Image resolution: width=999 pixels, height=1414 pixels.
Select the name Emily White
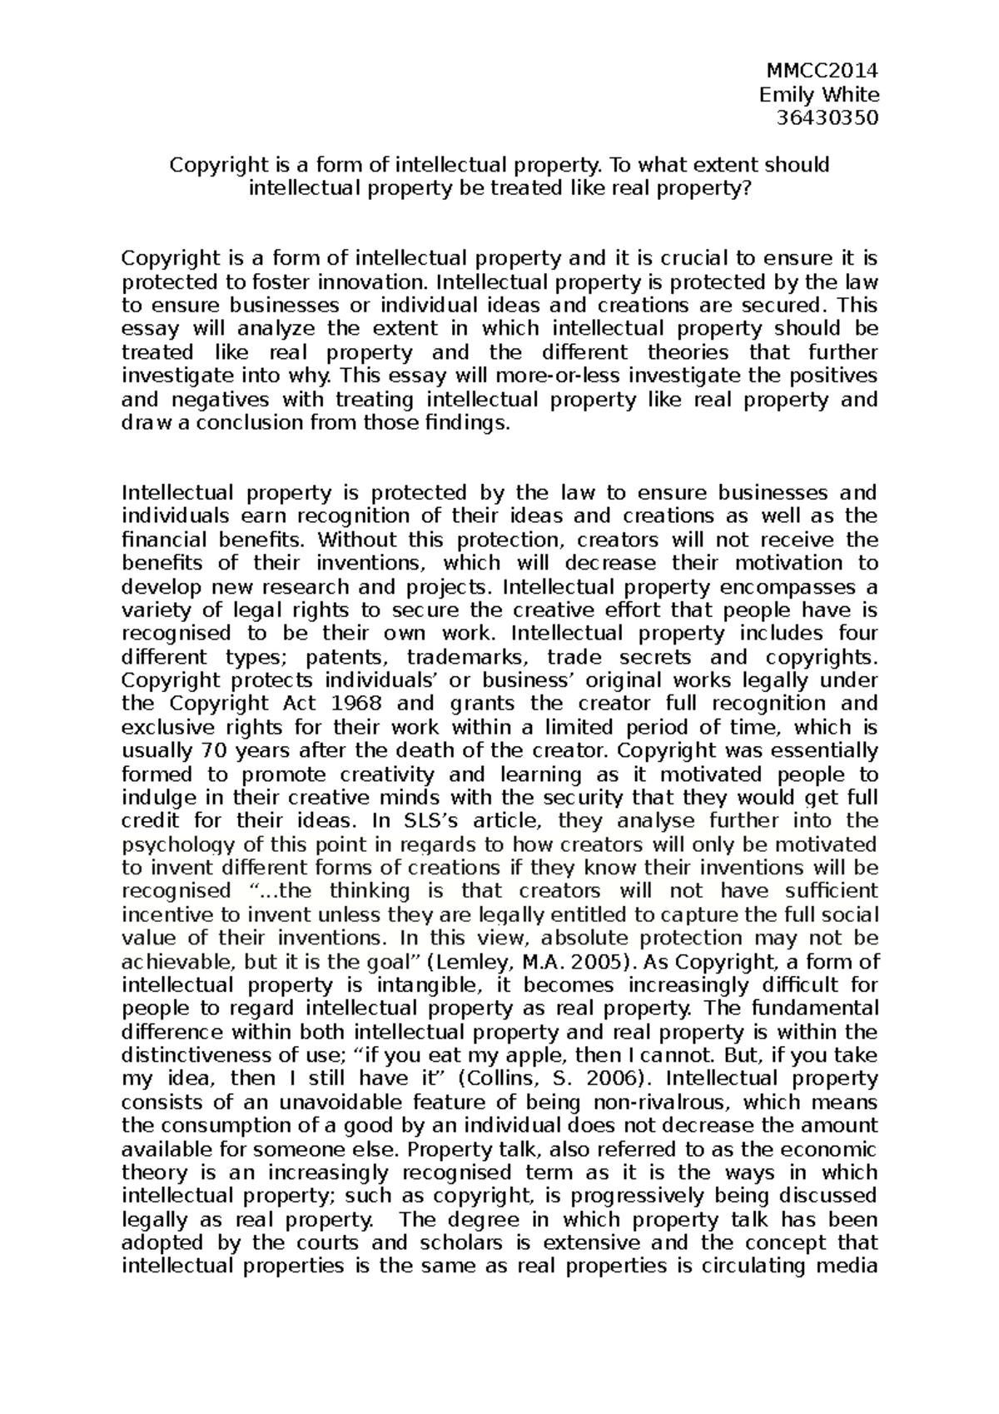[819, 94]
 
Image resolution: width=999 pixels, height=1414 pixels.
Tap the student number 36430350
[827, 117]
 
